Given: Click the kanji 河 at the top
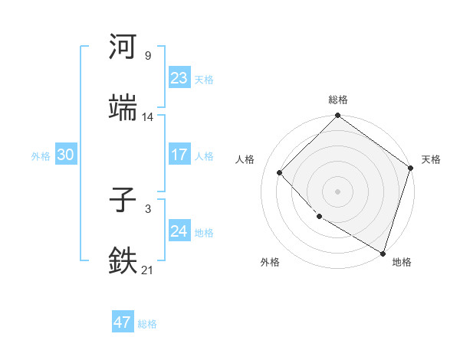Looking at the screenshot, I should click(x=123, y=47).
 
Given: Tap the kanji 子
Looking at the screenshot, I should click(x=123, y=201).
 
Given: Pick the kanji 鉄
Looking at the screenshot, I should click(x=123, y=260).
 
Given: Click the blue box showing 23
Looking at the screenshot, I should click(x=179, y=78).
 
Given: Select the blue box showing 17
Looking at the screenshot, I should click(x=179, y=155).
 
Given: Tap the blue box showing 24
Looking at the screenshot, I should click(x=179, y=231).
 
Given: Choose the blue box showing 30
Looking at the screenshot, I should click(x=66, y=155).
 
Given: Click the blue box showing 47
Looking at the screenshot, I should click(x=123, y=322).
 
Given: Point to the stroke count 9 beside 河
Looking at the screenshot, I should click(x=147, y=56).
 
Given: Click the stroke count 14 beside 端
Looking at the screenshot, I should click(x=147, y=117).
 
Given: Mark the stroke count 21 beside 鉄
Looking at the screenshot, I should click(x=147, y=270).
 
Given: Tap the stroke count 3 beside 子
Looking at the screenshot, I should click(x=147, y=208).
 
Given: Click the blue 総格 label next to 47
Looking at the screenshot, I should click(x=147, y=324).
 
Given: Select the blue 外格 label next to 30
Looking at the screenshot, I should click(x=41, y=156).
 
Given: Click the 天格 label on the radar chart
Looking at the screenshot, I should click(x=431, y=159).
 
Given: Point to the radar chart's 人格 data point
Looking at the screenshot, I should click(x=280, y=172).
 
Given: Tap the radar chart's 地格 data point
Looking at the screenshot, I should click(x=382, y=252).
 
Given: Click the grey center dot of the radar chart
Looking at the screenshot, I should click(x=337, y=191).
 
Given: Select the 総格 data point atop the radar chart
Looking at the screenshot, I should click(x=337, y=116).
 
